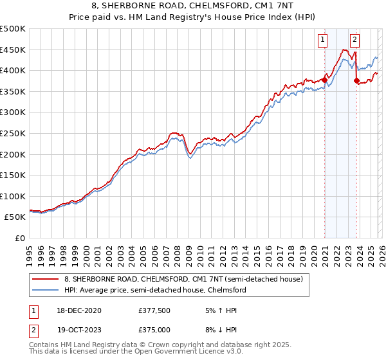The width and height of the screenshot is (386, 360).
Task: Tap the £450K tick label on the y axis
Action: pyautogui.click(x=13, y=50)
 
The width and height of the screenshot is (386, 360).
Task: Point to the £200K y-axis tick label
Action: pyautogui.click(x=13, y=154)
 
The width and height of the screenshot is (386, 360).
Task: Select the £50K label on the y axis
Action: pyautogui.click(x=15, y=217)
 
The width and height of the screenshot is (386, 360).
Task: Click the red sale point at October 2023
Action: pyautogui.click(x=356, y=81)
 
